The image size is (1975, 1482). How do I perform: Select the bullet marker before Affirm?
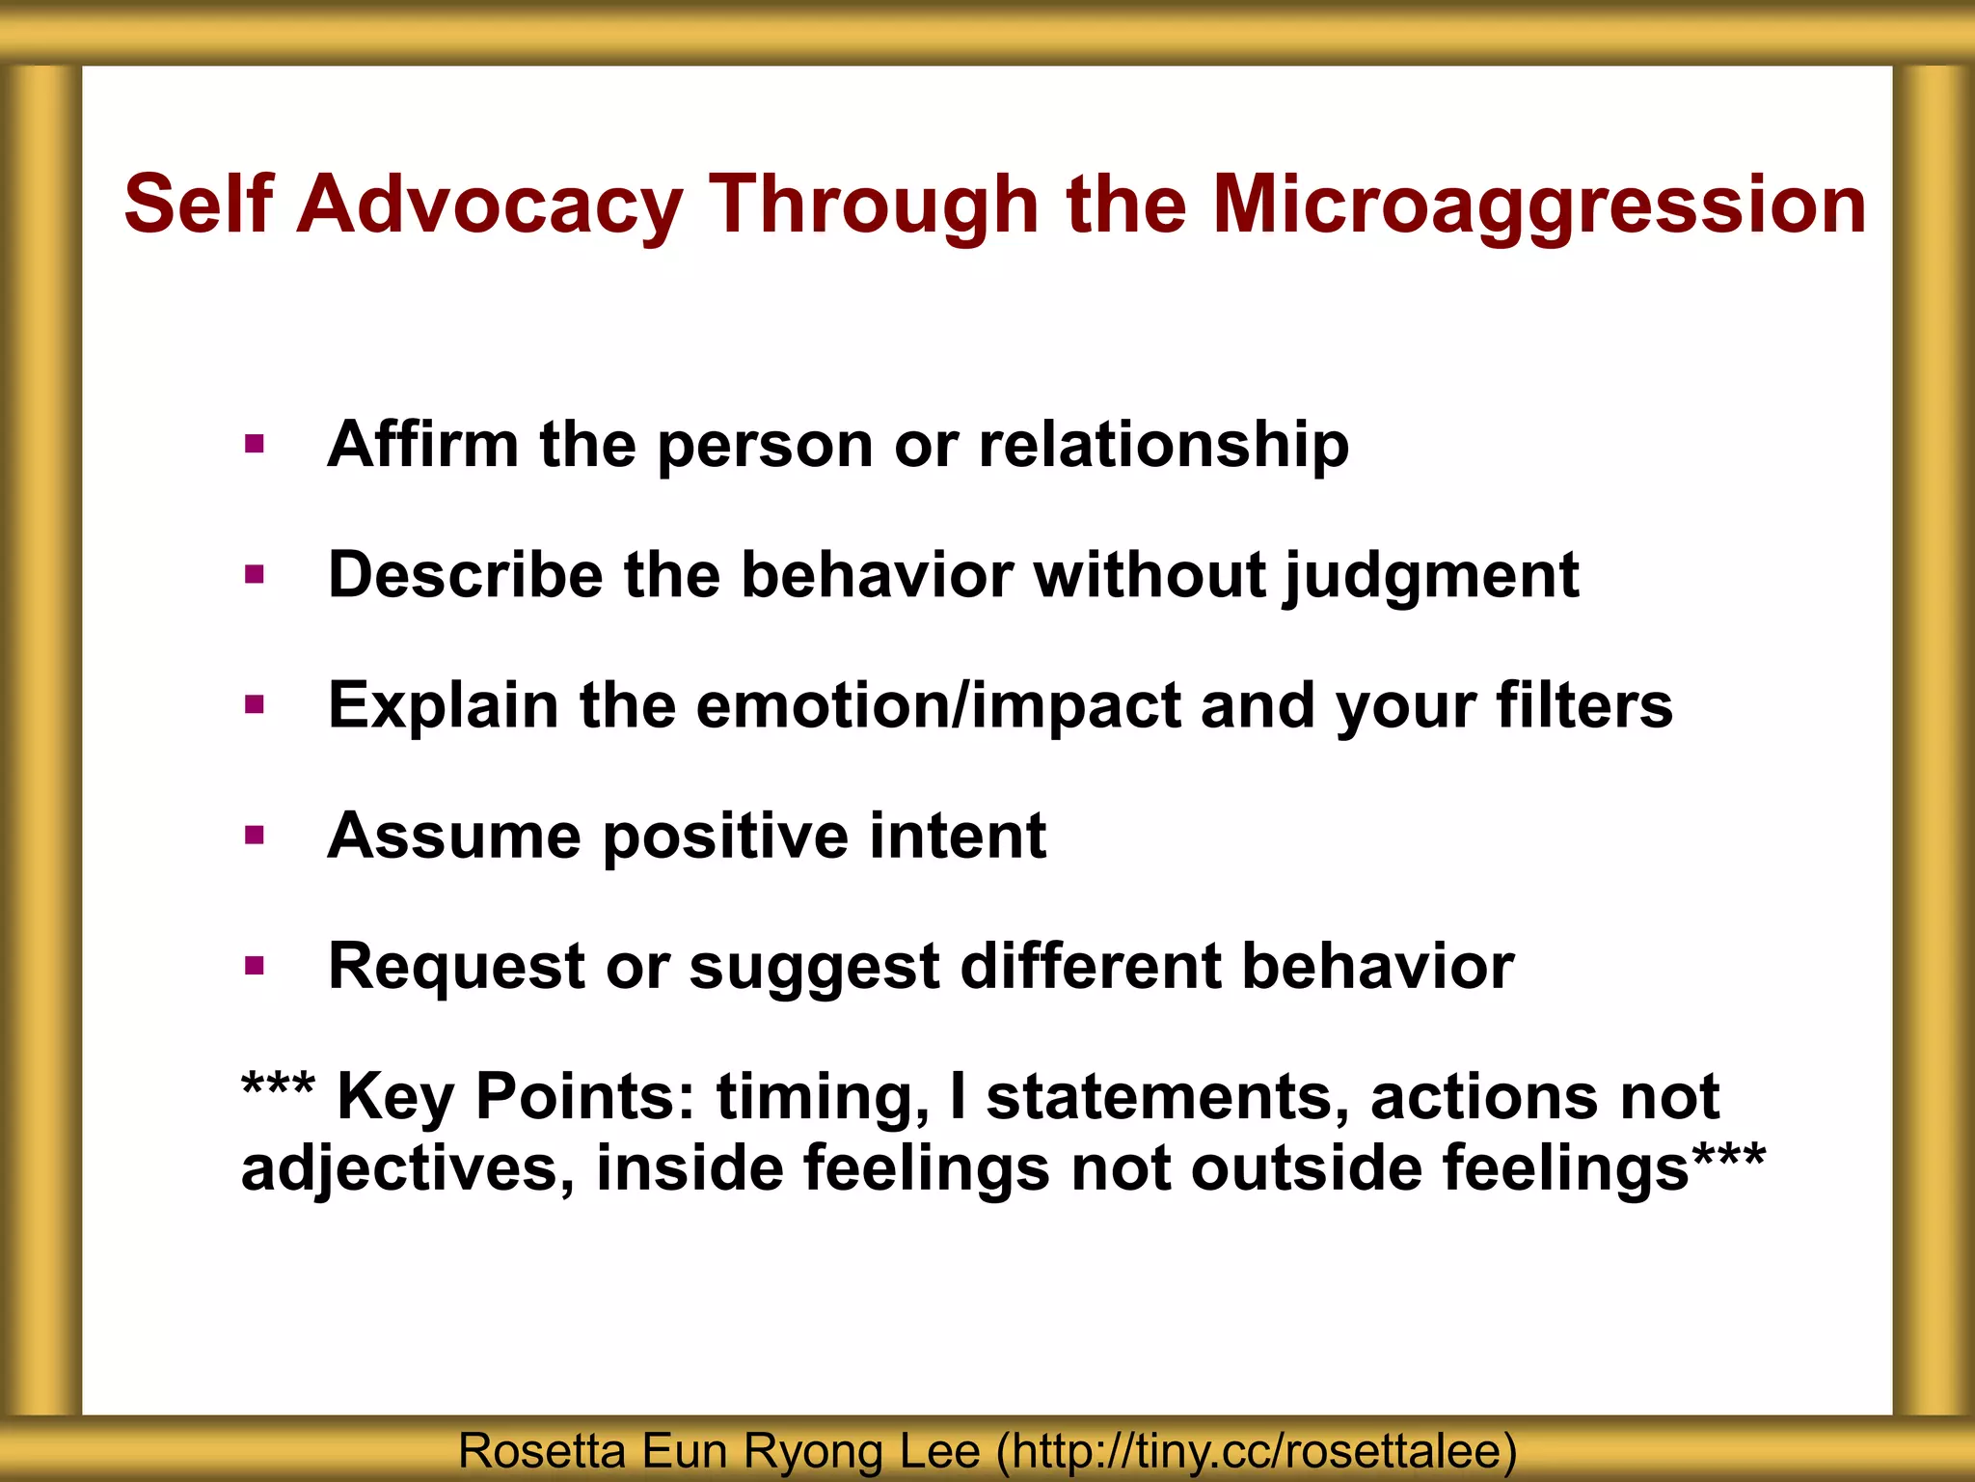(255, 445)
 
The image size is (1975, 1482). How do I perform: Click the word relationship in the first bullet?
(1163, 445)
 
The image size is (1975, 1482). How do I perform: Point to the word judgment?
(1431, 576)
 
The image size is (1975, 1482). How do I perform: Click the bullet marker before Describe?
(255, 576)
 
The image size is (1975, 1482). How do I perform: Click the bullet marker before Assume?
(255, 836)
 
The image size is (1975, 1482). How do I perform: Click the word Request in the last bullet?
(456, 966)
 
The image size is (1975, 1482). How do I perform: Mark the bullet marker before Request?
(255, 966)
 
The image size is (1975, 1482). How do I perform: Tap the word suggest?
(814, 968)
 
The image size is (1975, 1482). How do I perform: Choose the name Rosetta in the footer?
(541, 1451)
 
